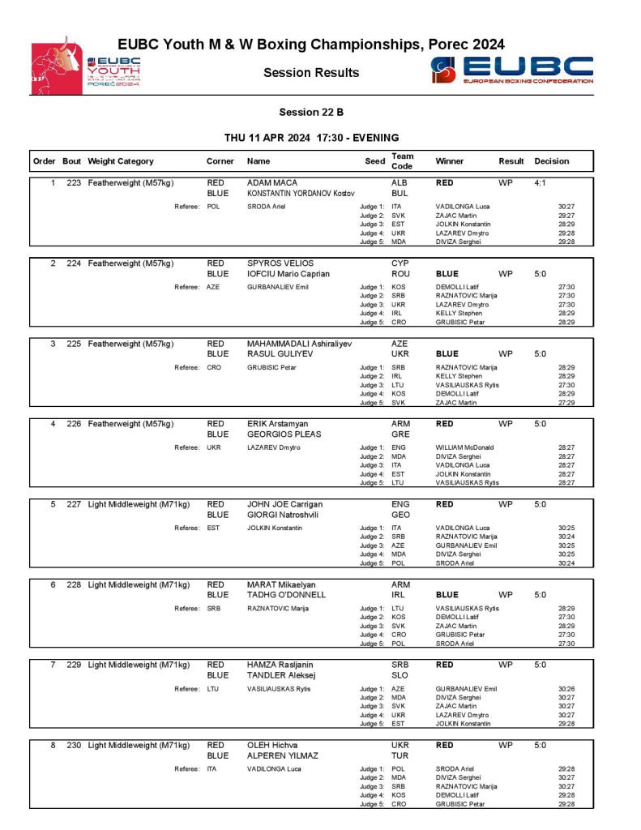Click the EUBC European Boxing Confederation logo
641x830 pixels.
(512, 70)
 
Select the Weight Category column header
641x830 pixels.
(121, 161)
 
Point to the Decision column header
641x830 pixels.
(552, 161)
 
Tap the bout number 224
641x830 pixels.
(74, 263)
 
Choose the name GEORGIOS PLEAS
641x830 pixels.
(284, 434)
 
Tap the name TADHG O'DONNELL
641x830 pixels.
(286, 595)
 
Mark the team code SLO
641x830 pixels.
(400, 675)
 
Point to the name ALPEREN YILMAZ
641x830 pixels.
(284, 755)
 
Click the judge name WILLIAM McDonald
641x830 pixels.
(464, 447)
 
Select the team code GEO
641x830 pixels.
(400, 515)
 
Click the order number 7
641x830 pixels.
(53, 665)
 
